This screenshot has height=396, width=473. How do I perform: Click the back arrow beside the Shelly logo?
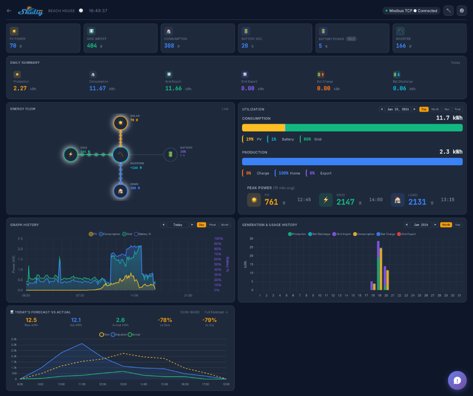point(9,11)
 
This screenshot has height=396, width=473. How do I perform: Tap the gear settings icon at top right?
point(461,11)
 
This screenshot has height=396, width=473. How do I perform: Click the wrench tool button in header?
point(448,11)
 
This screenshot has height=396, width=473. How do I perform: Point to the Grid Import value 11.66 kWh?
point(174,88)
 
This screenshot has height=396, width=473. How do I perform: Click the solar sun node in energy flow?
point(121,123)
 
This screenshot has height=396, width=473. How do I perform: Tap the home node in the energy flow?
point(121,191)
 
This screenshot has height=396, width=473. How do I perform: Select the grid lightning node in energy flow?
point(71,155)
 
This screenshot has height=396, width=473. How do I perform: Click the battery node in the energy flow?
point(170,155)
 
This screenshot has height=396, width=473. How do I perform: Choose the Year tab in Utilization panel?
point(447,109)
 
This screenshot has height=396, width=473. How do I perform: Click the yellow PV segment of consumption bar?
point(263,128)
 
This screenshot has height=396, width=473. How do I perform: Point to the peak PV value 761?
point(271,202)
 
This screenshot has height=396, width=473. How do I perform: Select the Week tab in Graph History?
point(212,225)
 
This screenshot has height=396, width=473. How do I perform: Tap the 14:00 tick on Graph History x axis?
point(134,295)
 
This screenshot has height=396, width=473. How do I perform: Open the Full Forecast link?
point(217,312)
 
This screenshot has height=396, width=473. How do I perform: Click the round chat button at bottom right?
point(457,380)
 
